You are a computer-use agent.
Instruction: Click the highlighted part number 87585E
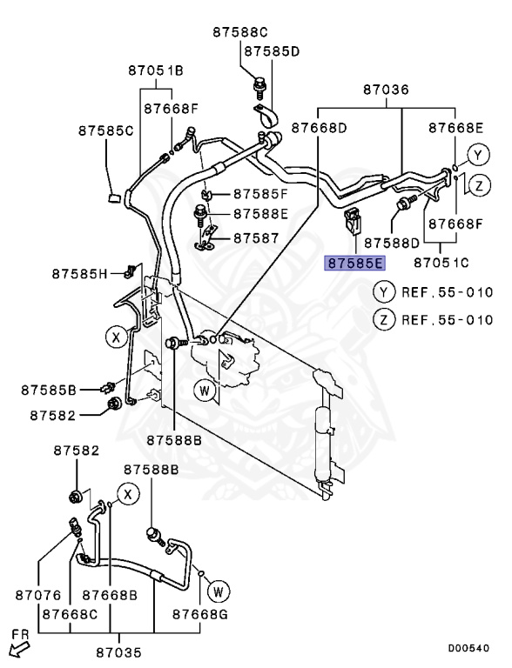click(x=354, y=262)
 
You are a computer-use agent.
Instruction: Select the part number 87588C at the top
click(x=240, y=32)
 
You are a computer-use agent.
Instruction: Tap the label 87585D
click(x=272, y=51)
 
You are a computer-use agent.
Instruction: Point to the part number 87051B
click(x=156, y=70)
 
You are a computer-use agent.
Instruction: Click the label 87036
click(x=386, y=90)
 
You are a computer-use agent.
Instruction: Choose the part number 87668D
click(x=319, y=128)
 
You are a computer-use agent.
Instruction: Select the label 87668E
click(x=455, y=128)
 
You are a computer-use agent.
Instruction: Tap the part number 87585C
click(x=105, y=131)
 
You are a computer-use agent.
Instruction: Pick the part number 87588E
click(x=259, y=214)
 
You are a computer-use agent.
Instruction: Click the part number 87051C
click(x=441, y=262)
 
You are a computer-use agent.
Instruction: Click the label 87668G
click(x=199, y=614)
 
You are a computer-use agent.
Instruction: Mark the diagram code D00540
click(x=468, y=648)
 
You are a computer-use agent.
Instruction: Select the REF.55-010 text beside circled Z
click(x=448, y=319)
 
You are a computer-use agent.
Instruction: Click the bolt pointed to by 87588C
click(x=258, y=85)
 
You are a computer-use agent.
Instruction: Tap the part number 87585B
click(x=50, y=388)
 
